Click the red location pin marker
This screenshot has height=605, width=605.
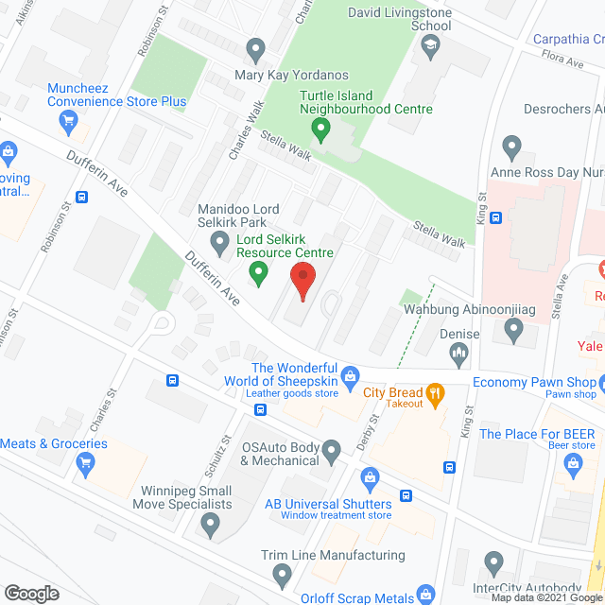coord(302,281)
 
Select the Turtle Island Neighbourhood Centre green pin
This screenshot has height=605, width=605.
coord(320,126)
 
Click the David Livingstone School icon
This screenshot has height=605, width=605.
coord(431,47)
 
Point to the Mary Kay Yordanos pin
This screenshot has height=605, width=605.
coord(254,47)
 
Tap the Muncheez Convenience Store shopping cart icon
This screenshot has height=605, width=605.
coord(67,120)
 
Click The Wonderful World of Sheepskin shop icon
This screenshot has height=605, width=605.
coord(350,376)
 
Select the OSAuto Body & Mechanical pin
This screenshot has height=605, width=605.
coord(331,453)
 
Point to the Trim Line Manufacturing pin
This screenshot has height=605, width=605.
coord(282,573)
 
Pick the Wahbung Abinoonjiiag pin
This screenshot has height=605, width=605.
coord(513,330)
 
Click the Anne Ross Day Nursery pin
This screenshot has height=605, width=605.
coord(511,147)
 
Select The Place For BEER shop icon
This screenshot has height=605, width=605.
coord(572,462)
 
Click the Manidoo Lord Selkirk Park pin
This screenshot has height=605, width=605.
coord(220,246)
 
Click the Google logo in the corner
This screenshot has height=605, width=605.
coord(31,593)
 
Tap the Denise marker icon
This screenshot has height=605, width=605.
coord(459,354)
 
